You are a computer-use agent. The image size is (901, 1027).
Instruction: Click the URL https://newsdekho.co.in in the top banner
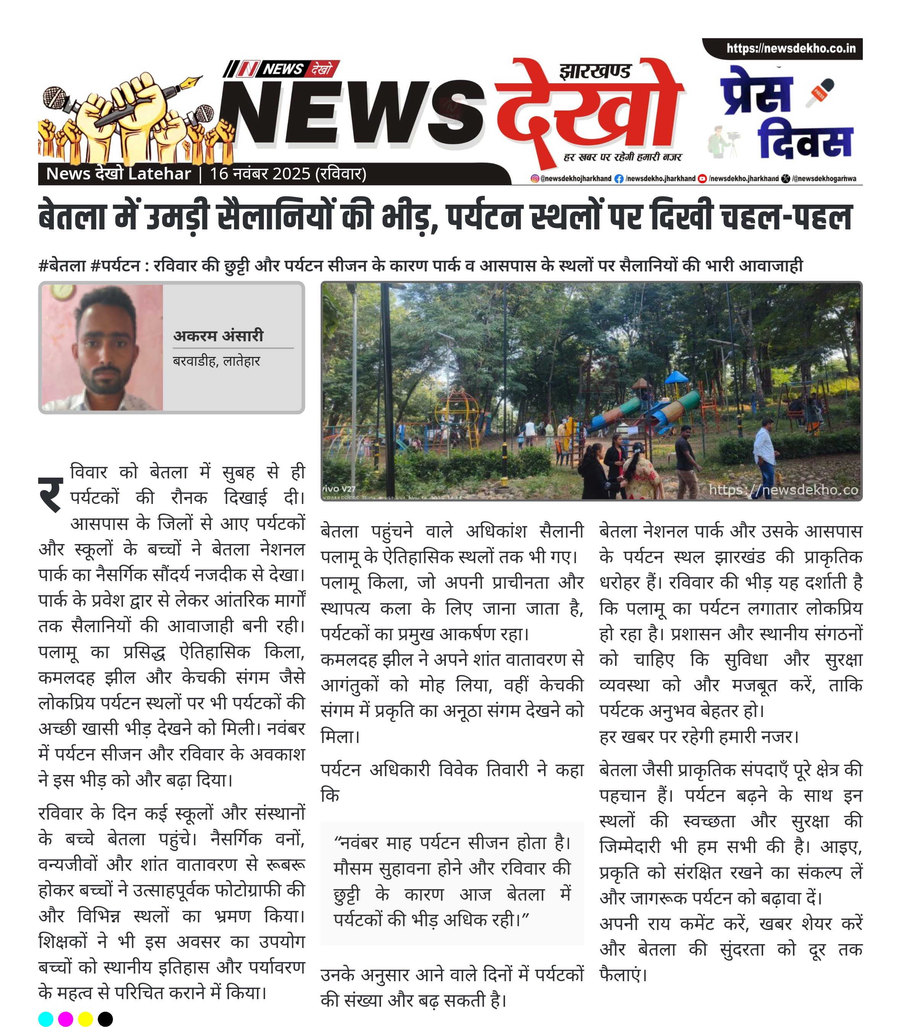click(x=790, y=49)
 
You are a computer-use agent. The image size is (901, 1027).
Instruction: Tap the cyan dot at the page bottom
click(x=46, y=1019)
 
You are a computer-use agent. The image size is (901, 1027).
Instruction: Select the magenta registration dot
click(x=65, y=1019)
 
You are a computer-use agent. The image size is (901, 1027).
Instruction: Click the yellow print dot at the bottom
click(x=86, y=1019)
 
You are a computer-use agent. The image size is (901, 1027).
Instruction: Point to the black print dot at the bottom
click(x=105, y=1019)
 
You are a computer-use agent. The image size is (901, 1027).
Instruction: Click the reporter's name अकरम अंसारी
click(x=218, y=336)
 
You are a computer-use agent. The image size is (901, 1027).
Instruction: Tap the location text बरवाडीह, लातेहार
click(x=216, y=361)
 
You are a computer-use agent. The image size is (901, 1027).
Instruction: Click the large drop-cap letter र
click(x=51, y=494)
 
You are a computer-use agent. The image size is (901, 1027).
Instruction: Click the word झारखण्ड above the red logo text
click(x=594, y=71)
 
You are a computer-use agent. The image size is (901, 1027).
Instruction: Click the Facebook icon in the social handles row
click(x=619, y=178)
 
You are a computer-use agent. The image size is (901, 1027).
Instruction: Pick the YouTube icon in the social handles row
click(x=702, y=178)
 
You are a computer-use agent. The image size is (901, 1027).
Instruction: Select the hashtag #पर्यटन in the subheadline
click(x=115, y=265)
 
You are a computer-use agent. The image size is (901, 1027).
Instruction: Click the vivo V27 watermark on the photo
click(x=339, y=488)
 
